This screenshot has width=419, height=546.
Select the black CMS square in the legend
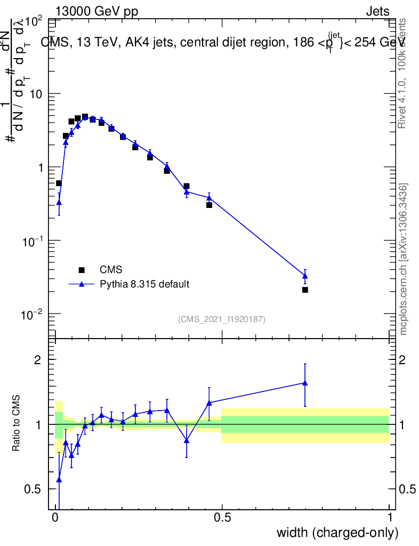[x=82, y=270]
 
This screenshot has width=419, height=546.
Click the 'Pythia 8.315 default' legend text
[x=144, y=284]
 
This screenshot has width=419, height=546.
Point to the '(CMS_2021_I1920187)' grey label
[x=222, y=319]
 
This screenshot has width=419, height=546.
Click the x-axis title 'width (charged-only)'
[x=337, y=532]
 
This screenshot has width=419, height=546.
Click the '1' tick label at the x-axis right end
[x=390, y=517]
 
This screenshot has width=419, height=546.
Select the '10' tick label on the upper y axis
[x=36, y=94]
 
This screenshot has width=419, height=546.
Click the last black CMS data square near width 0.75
[x=305, y=290]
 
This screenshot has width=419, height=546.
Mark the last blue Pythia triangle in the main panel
[x=305, y=276]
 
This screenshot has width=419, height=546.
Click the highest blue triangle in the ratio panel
[x=305, y=382]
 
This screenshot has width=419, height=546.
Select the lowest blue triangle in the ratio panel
[x=59, y=480]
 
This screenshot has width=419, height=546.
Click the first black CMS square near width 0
[x=59, y=183]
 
